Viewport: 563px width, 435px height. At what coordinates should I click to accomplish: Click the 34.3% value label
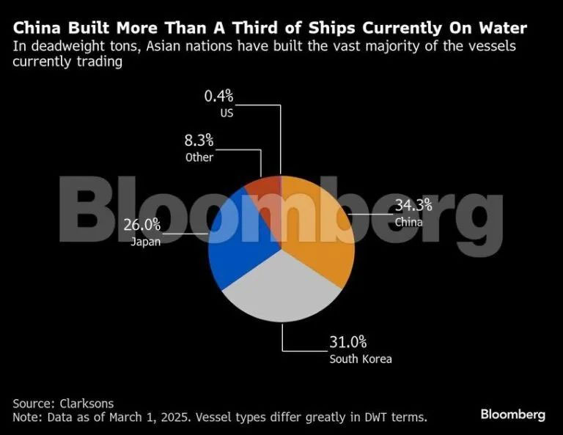[x=413, y=206]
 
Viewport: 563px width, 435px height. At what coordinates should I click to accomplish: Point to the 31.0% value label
[x=347, y=342]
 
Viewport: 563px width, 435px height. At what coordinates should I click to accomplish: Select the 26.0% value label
[x=145, y=226]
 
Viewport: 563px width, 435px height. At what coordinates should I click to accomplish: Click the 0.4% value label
[x=218, y=95]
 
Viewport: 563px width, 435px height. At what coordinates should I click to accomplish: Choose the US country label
[x=227, y=113]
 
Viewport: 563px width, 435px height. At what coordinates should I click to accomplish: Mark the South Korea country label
[x=361, y=359]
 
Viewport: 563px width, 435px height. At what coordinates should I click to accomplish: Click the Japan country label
[x=145, y=242]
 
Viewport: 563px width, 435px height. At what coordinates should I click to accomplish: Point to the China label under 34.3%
[x=408, y=222]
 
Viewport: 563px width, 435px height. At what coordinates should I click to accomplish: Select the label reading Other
[x=199, y=157]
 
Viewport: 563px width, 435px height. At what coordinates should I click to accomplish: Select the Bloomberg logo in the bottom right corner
[x=512, y=414]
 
